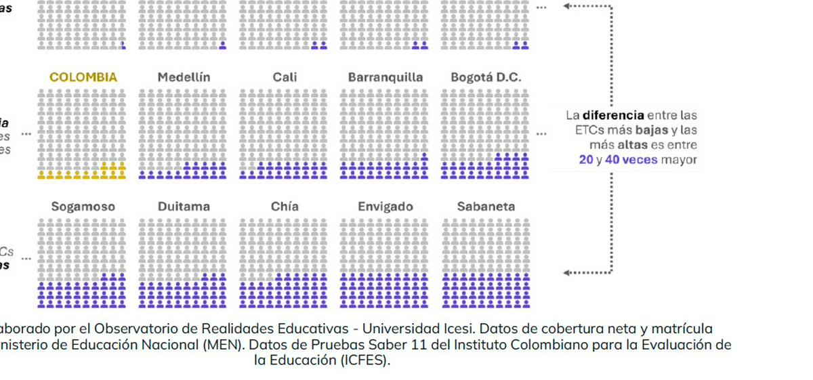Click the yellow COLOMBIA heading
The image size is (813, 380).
pos(83,77)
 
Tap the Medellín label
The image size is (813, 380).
pos(184,77)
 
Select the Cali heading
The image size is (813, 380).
pos(285,77)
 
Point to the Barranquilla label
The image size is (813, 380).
pos(385,77)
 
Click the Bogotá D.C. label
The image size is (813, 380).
pos(486,77)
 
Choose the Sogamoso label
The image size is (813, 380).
pos(83,207)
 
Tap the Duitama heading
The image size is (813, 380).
pos(184,207)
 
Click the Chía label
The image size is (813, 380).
pos(285,207)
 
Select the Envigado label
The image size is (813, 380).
pos(385,207)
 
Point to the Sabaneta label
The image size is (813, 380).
pos(486,207)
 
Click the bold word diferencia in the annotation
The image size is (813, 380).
pos(613,116)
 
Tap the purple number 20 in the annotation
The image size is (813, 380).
pos(586,161)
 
